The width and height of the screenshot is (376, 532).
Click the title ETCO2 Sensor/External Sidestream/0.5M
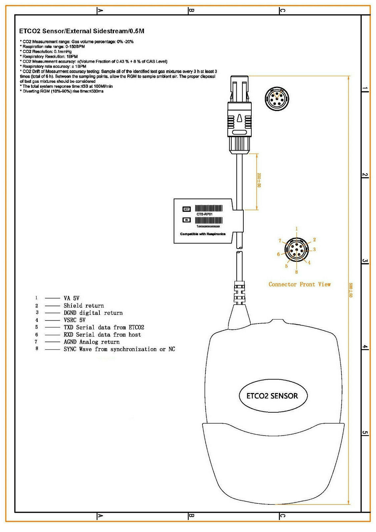(x=81, y=31)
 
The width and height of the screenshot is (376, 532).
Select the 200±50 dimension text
(x=259, y=180)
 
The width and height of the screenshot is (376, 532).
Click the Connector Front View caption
(x=300, y=284)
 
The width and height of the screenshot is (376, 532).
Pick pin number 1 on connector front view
(x=297, y=229)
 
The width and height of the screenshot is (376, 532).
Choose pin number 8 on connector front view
(x=297, y=272)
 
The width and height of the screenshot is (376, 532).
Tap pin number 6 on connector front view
(x=279, y=254)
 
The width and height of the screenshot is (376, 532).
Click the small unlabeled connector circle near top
(x=277, y=98)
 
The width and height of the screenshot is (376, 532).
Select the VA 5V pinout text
(x=71, y=298)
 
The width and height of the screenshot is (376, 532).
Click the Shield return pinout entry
(x=84, y=306)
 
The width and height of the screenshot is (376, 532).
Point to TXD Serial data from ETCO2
(x=104, y=327)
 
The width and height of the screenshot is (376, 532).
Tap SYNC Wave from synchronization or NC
(x=119, y=349)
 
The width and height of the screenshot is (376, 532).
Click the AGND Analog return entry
(x=91, y=342)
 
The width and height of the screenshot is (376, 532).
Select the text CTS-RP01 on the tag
(x=204, y=214)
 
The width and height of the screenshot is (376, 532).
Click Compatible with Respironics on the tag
(x=203, y=234)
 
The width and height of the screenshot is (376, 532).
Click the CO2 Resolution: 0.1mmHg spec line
(x=47, y=52)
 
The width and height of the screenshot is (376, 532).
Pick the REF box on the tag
(x=187, y=209)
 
